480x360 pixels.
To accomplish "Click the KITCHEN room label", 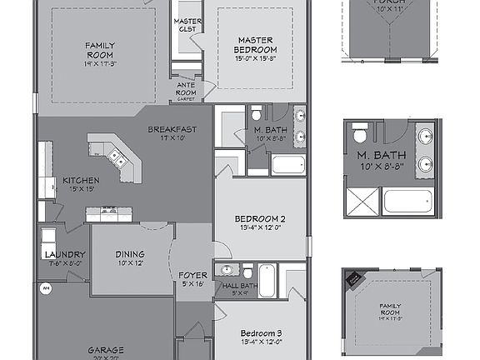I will [81, 180].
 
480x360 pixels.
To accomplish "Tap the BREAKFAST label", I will [172, 129].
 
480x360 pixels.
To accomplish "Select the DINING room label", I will [130, 254].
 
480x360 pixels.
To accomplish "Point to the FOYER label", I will [192, 275].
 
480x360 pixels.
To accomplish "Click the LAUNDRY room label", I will [64, 254].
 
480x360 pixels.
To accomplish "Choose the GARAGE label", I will [107, 350].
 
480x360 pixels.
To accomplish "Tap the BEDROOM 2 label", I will [262, 219].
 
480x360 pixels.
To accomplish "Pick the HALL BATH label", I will [241, 286].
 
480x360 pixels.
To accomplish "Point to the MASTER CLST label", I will [187, 24].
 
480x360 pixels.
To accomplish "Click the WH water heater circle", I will [45, 288].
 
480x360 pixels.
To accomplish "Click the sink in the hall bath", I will [226, 270].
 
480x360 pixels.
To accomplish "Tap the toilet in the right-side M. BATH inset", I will [360, 132].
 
